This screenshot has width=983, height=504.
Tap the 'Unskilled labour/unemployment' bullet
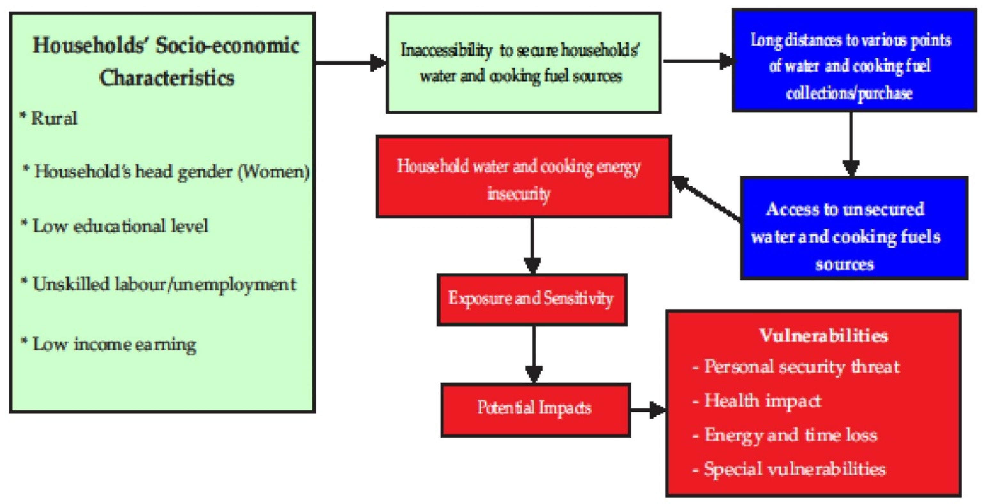164,284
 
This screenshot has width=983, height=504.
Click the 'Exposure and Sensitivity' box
531,299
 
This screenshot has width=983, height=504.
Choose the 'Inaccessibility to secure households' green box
523,63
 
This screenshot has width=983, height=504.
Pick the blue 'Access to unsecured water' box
854,228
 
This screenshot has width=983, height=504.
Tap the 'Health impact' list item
762,401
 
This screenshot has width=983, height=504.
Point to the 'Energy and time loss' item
790,435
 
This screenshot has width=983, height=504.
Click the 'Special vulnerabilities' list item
794,469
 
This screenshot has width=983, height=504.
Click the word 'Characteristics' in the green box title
166,78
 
